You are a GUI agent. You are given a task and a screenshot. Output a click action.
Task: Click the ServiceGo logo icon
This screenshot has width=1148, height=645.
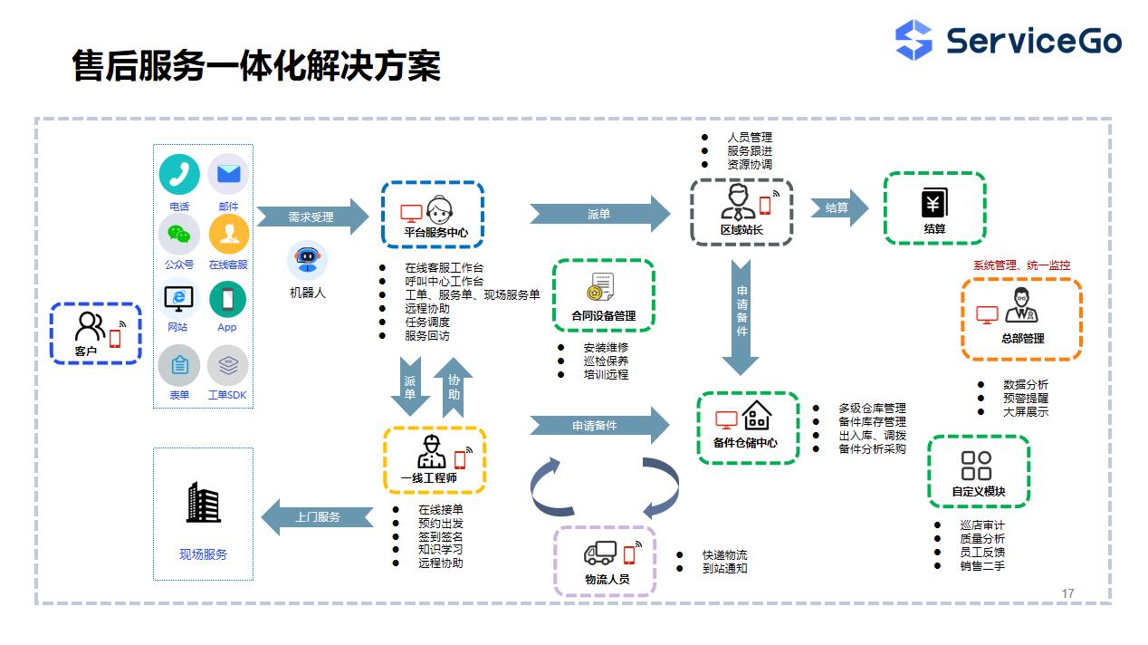[914, 41]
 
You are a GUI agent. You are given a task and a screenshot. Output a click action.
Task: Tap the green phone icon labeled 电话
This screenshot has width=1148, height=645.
[179, 174]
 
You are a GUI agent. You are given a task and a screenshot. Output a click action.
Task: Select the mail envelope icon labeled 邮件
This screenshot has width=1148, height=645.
[228, 174]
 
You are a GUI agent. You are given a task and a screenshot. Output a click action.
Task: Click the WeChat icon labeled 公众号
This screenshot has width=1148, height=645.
[179, 235]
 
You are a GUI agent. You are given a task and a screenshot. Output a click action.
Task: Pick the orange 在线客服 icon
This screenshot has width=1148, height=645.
[228, 235]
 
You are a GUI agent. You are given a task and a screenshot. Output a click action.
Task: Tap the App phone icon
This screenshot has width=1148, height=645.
[227, 299]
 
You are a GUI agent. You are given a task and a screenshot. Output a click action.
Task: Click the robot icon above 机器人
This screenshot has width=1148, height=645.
[307, 260]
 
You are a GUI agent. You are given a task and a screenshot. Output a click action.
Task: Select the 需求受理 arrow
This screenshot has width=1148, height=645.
[312, 217]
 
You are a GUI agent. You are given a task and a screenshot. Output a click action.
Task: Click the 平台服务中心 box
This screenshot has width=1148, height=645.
[432, 214]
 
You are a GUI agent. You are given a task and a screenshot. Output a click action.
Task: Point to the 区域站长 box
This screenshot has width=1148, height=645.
[741, 212]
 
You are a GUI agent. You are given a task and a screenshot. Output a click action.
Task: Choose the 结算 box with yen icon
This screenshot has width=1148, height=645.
[934, 208]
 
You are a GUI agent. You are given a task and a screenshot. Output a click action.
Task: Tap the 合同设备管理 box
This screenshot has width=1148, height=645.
[603, 296]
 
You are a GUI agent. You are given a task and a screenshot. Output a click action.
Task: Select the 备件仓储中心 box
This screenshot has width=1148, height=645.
[748, 428]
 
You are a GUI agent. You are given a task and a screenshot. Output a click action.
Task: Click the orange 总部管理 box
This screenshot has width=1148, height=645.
[1022, 319]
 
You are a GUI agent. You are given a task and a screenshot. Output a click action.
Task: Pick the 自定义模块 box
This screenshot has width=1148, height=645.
[978, 471]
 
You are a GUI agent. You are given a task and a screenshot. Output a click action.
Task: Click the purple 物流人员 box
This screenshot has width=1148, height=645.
[606, 561]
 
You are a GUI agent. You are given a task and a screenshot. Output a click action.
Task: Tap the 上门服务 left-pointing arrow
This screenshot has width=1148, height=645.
[317, 517]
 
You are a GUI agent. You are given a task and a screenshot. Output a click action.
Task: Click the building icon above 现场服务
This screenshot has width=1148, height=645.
[203, 503]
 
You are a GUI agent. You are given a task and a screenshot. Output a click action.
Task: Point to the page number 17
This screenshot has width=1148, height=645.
[1067, 593]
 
